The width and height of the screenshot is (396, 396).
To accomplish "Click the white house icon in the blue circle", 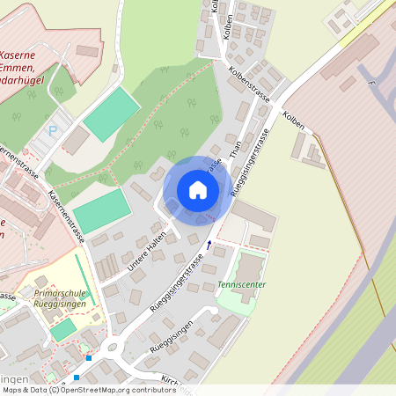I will [x=197, y=189].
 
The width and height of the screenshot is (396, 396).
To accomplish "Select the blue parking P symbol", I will [x=52, y=130].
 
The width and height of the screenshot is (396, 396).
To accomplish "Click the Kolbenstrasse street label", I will [x=247, y=77].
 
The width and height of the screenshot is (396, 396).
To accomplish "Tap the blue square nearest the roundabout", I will [x=89, y=358].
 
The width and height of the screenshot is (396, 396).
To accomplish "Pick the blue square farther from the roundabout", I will [x=77, y=378].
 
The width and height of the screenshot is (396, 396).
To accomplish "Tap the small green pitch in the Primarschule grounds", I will [x=63, y=329].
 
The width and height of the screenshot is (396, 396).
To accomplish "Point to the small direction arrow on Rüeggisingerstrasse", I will [x=209, y=244].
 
